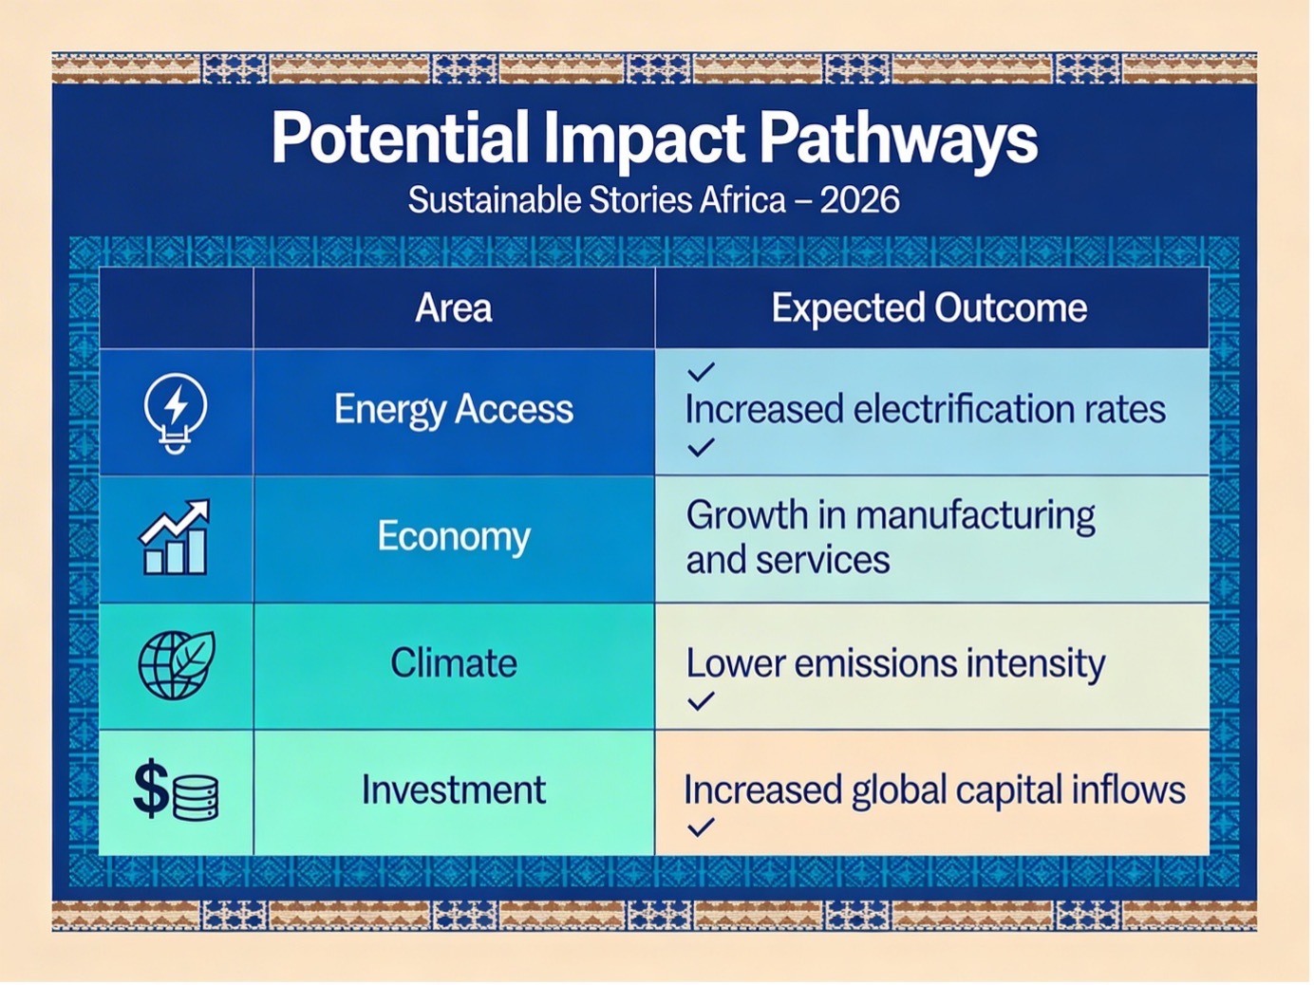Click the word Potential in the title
coord(400,138)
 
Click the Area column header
coord(454,308)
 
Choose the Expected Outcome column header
coord(929,309)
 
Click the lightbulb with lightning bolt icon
coord(176,413)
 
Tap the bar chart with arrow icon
coord(174,537)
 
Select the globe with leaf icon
coord(177,665)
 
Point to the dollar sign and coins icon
coord(176,790)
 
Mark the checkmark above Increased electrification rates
coord(701,371)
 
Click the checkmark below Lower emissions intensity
coord(701,701)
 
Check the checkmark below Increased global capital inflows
coord(701,827)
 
